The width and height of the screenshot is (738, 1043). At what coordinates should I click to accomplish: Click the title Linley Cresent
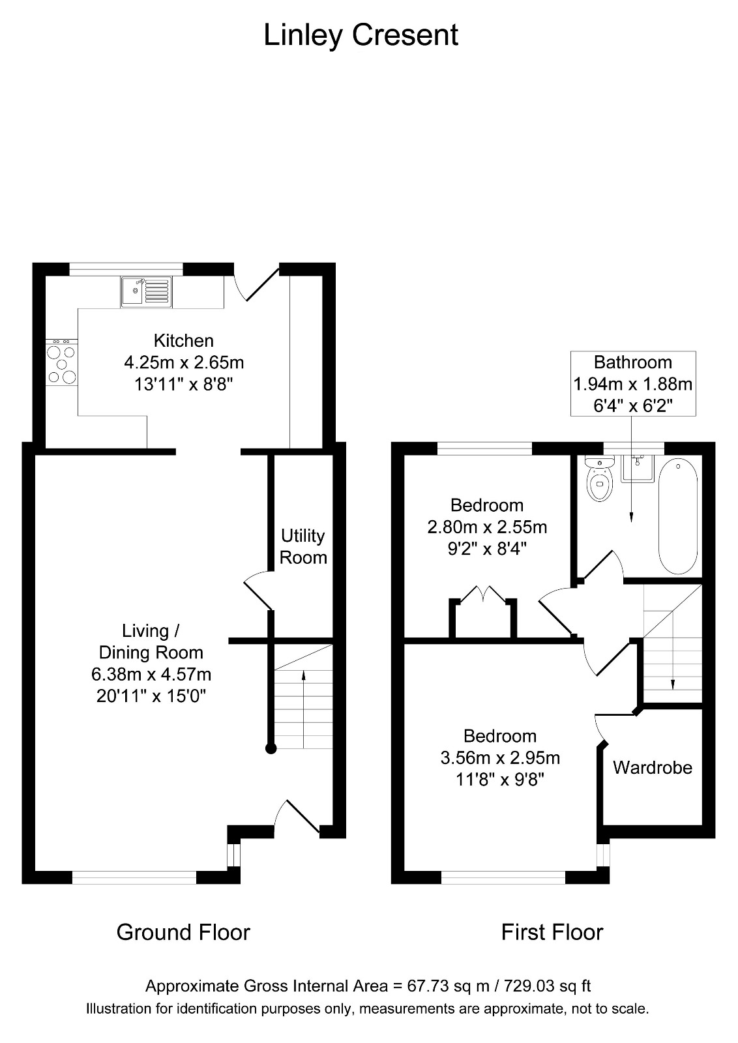click(x=361, y=35)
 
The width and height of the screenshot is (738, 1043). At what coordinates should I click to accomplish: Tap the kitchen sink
click(x=146, y=292)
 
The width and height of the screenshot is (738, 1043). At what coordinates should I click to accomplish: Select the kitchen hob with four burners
click(x=61, y=361)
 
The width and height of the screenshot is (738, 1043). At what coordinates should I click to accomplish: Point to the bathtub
click(x=677, y=516)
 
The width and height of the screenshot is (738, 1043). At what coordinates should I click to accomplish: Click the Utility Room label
click(x=303, y=546)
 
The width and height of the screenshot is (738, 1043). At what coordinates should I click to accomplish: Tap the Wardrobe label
click(x=653, y=768)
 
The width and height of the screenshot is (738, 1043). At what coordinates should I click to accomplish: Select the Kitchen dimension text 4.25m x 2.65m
click(x=184, y=362)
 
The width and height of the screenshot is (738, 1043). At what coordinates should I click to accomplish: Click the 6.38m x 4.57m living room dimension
click(x=151, y=674)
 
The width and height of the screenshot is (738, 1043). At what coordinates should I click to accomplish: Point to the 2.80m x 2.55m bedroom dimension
click(x=487, y=527)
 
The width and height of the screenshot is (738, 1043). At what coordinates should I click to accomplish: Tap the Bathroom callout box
click(x=633, y=384)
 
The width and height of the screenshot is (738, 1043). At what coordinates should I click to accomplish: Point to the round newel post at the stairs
click(x=271, y=749)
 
